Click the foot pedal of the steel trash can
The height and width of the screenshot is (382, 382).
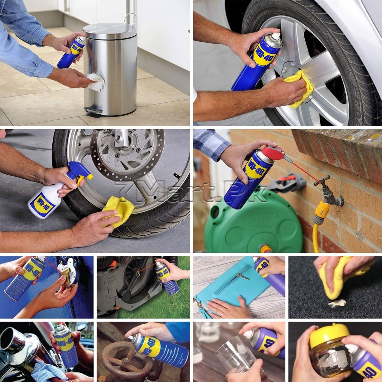point(93,112)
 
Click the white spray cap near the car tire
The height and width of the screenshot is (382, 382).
point(275,37)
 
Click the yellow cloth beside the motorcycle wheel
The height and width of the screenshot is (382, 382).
point(118,210)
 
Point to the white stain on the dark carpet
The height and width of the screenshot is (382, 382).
point(337,303)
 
